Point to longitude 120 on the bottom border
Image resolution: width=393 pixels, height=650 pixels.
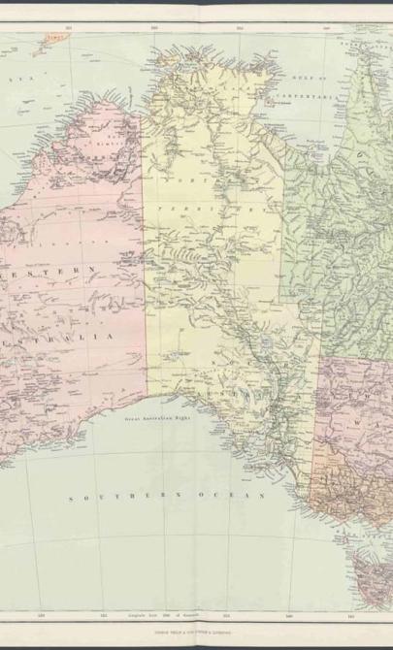39,615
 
